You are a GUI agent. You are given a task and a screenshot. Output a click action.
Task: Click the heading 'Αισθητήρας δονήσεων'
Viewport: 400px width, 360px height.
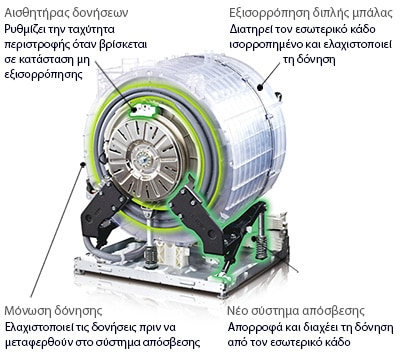tap(66, 13)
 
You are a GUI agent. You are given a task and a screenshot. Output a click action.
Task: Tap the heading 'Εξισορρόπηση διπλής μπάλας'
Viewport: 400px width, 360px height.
tap(311, 13)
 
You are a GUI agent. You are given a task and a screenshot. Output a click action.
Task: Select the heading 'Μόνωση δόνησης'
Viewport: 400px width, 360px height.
tap(53, 311)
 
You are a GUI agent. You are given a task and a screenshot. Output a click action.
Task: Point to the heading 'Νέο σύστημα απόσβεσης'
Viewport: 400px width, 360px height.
tap(296, 311)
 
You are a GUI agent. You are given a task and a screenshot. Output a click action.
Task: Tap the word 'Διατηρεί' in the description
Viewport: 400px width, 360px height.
tap(250, 29)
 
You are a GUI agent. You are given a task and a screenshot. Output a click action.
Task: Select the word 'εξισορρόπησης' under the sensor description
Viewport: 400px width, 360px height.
tap(43, 74)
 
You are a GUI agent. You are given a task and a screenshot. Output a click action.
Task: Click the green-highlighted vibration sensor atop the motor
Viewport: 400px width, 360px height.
tap(143, 109)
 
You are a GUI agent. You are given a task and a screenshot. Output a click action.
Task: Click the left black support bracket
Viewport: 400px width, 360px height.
tap(102, 213)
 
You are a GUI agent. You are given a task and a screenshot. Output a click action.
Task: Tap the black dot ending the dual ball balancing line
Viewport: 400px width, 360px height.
tap(260, 88)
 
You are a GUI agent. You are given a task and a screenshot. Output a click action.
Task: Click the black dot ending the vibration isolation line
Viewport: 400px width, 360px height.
tap(83, 164)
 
